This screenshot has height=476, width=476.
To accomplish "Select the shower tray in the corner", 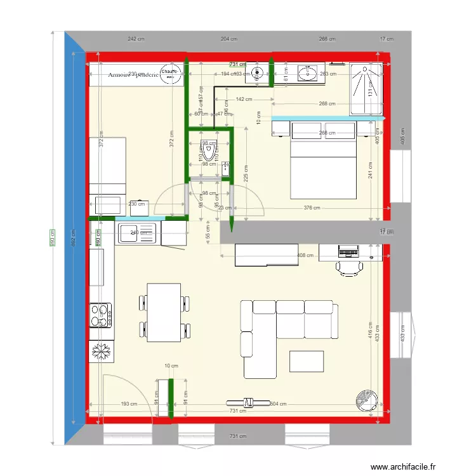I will pyautogui.click(x=367, y=89).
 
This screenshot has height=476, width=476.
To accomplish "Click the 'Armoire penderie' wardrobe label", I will pyautogui.click(x=133, y=74).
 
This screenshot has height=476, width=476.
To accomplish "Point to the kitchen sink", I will pyautogui.click(x=138, y=232).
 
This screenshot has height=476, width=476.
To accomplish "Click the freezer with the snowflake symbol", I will pyautogui.click(x=101, y=352).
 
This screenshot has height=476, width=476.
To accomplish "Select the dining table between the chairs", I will pyautogui.click(x=163, y=311).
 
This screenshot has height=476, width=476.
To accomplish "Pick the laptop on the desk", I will pyautogui.click(x=347, y=250).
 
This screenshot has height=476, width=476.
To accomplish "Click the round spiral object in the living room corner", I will pyautogui.click(x=366, y=399).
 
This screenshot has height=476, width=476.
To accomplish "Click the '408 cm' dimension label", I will pyautogui.click(x=306, y=256).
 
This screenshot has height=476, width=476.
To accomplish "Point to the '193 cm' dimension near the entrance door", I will pyautogui.click(x=129, y=404).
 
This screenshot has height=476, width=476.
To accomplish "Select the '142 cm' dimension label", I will pyautogui.click(x=244, y=99).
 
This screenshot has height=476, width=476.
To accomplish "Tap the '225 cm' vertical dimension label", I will pyautogui.click(x=246, y=173).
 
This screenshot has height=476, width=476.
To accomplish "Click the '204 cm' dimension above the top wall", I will pyautogui.click(x=229, y=39).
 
